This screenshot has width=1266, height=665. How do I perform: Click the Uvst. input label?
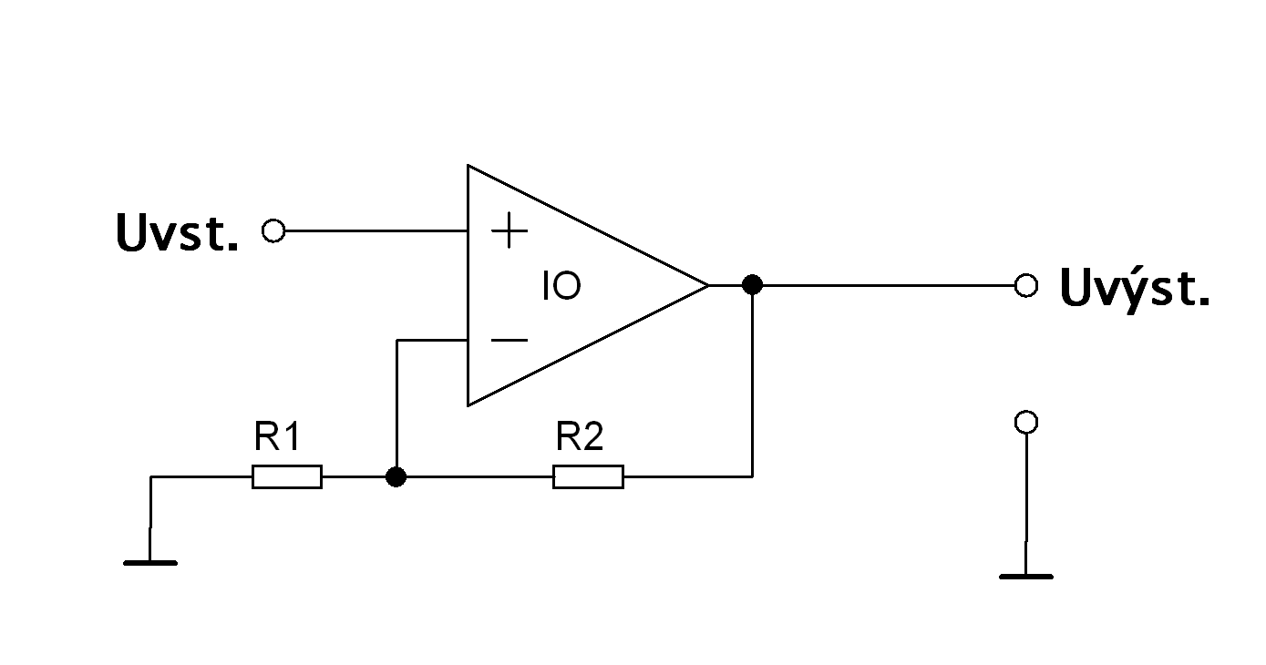tap(177, 233)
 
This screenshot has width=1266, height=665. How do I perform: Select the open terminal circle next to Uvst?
tap(273, 231)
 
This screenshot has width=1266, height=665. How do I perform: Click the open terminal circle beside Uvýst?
tap(1026, 285)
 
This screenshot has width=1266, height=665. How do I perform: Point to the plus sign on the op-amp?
tap(509, 232)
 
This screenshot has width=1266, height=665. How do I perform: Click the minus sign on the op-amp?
tap(509, 341)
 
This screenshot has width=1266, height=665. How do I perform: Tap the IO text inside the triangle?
tap(561, 287)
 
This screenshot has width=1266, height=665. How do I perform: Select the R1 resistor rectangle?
tap(287, 476)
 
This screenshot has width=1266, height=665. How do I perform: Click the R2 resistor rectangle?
tap(588, 476)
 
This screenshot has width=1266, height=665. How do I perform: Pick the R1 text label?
tap(277, 438)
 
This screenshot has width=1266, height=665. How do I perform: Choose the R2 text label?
tap(580, 438)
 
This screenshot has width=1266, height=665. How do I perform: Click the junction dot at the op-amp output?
tap(752, 285)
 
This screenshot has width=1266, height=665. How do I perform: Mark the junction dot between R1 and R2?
tap(396, 476)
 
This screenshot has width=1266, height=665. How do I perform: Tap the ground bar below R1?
tap(150, 563)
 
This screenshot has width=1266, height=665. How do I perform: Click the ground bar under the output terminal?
tap(1026, 577)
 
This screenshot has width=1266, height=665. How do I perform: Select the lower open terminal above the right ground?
tap(1026, 422)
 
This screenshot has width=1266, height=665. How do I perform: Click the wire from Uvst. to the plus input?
tap(374, 231)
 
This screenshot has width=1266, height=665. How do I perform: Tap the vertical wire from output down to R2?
tap(752, 383)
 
